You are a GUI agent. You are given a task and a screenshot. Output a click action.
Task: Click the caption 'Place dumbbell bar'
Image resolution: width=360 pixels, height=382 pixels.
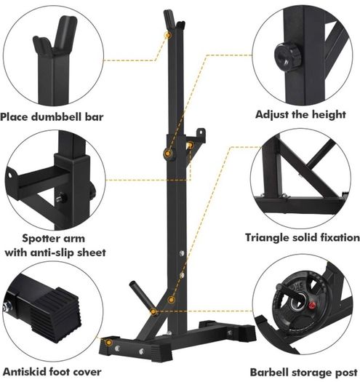point(52,116)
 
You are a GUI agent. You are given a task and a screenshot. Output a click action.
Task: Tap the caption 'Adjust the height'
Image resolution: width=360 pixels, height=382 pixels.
point(300,114)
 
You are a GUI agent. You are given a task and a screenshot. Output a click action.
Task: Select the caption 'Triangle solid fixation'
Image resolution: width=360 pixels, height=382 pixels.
point(303,237)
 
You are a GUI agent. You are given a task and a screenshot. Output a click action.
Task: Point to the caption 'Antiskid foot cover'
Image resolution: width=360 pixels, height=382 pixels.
point(52,372)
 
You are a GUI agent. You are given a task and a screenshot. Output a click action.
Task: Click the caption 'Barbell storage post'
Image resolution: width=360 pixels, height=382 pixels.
point(304,373)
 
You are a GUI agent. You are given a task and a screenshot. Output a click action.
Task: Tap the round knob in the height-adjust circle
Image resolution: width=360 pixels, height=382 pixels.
point(288,57)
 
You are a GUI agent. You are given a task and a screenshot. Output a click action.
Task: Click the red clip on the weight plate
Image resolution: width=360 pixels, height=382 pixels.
point(311,305)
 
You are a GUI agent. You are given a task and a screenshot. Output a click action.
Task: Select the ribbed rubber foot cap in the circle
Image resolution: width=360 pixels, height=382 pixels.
point(56,314)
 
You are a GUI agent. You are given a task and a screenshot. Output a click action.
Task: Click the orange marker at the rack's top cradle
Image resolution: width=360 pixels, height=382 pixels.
point(168,36)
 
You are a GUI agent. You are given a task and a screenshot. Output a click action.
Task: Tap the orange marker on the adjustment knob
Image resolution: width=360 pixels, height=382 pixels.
point(167,154)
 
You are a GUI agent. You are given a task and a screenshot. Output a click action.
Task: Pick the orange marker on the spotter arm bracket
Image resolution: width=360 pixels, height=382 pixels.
point(190,146)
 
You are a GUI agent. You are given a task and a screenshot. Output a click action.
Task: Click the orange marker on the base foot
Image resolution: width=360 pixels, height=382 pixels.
point(108,343)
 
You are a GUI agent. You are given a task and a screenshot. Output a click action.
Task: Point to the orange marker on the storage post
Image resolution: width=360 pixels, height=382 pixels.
point(153,311)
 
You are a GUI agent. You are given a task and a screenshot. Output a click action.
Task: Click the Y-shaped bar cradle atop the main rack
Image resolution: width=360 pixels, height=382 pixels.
point(174,20)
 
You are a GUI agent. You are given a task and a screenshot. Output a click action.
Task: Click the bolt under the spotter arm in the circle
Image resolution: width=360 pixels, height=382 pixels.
point(61,198)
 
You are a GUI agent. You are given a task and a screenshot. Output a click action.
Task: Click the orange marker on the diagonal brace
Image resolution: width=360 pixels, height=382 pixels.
point(172,299)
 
